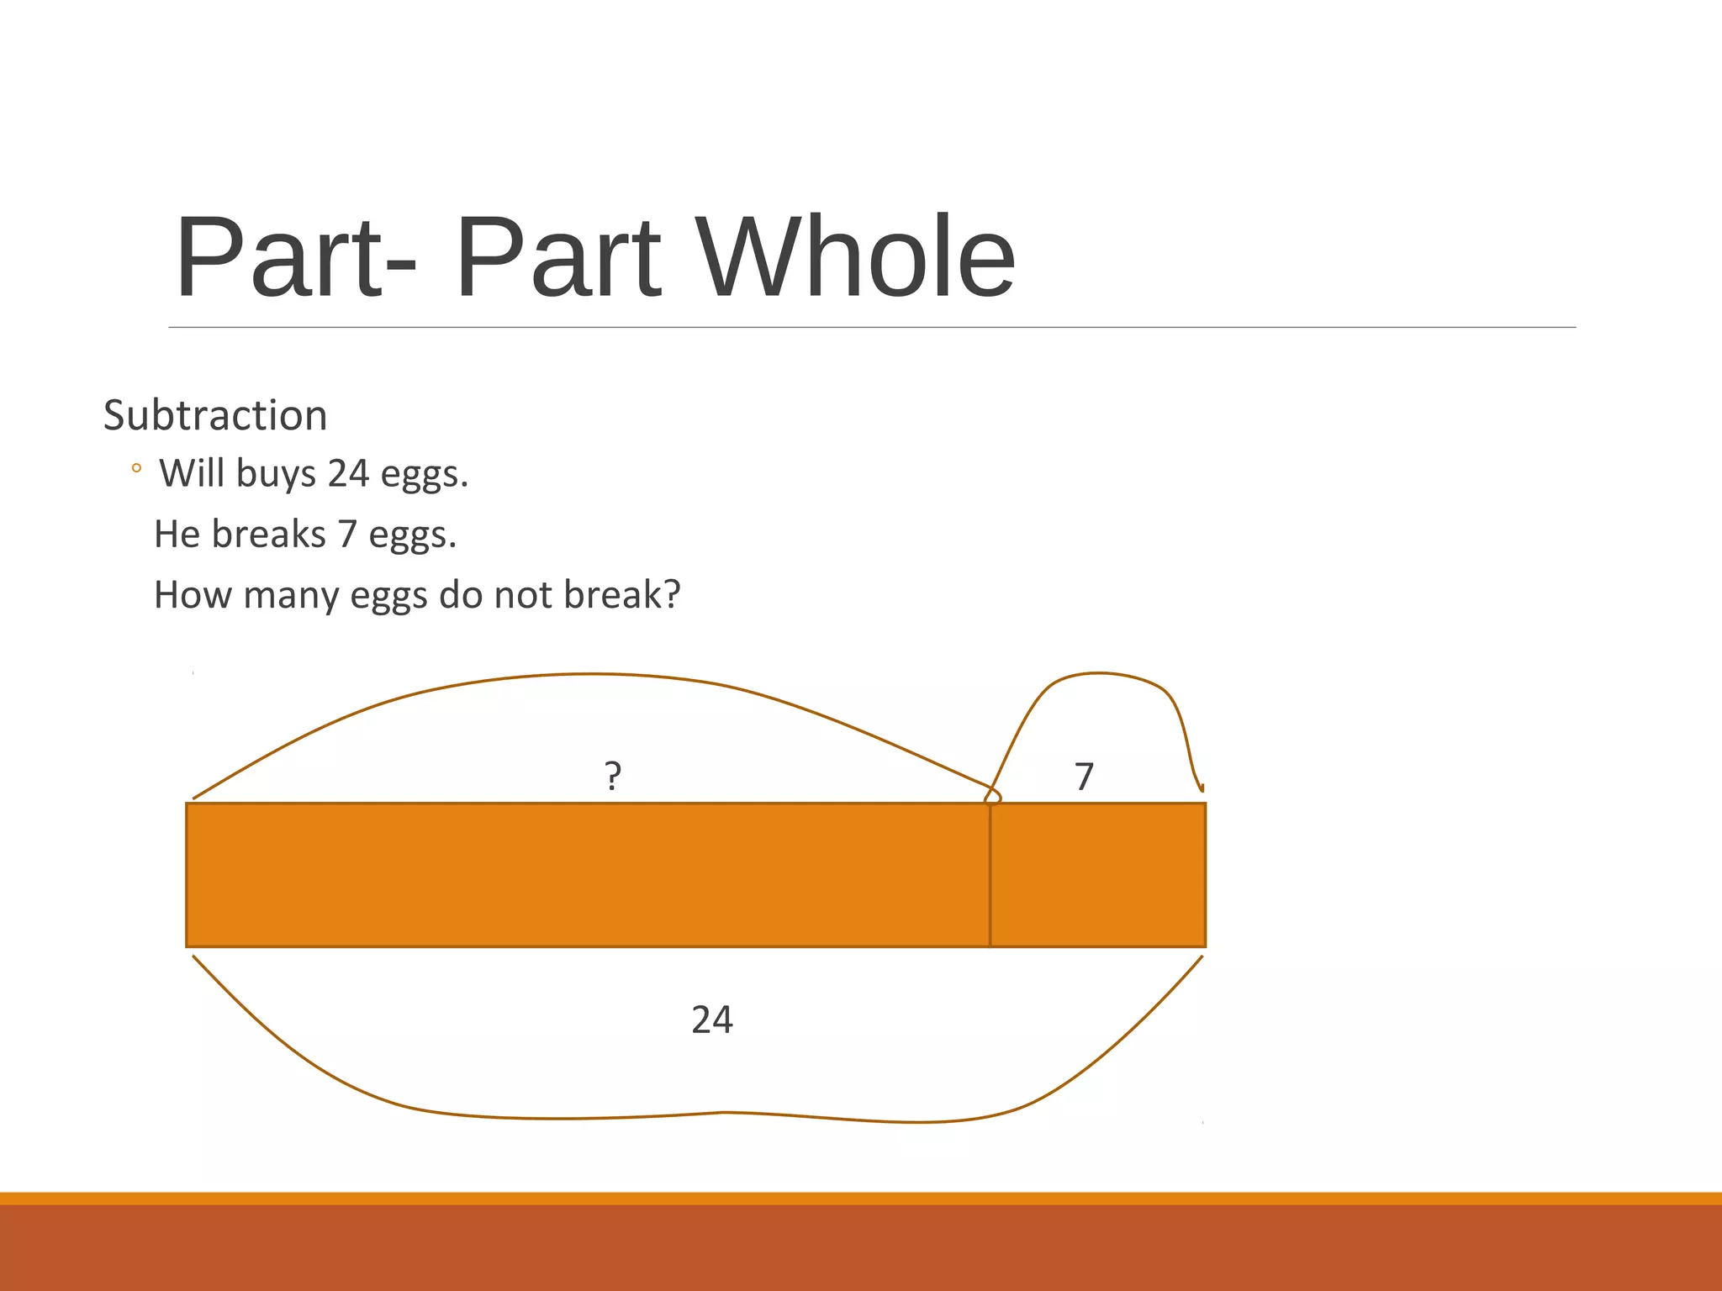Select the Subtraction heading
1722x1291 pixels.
click(x=215, y=415)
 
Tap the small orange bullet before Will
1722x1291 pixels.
click(x=136, y=469)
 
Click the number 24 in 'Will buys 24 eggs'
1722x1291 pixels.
click(x=348, y=473)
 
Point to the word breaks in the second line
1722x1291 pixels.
click(x=268, y=535)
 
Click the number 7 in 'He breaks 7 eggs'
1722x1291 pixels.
click(x=347, y=535)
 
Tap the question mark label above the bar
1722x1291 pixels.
click(x=613, y=775)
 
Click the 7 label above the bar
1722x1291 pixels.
click(x=1084, y=777)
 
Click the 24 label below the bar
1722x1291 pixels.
click(x=711, y=1020)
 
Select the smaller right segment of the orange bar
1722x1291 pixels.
click(x=1097, y=875)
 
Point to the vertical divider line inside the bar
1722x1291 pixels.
click(x=990, y=875)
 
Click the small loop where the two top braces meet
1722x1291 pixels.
click(x=993, y=796)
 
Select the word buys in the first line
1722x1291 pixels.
click(x=276, y=475)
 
